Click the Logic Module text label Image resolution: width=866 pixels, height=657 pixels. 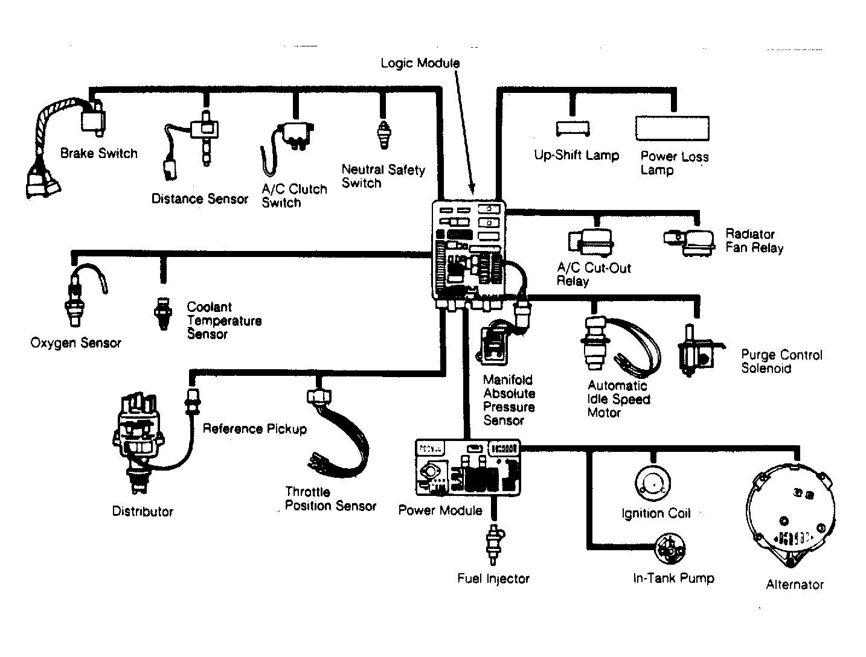click(420, 63)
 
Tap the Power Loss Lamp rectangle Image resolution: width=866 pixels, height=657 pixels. click(672, 128)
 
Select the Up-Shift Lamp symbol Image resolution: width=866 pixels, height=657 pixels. click(573, 129)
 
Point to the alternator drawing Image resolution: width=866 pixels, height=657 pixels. click(791, 515)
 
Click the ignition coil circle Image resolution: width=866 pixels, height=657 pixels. click(653, 483)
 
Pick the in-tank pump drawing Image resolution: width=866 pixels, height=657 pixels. click(670, 548)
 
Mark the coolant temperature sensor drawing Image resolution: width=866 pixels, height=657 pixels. click(163, 313)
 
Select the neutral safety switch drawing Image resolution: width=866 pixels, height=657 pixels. click(383, 135)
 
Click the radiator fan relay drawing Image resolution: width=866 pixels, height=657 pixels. click(689, 243)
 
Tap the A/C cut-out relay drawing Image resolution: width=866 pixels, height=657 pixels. click(590, 242)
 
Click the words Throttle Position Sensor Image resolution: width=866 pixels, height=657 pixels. click(330, 498)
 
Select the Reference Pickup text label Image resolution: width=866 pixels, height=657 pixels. click(254, 429)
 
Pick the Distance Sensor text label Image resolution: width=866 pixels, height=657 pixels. click(200, 198)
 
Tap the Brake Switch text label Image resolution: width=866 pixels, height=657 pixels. click(98, 153)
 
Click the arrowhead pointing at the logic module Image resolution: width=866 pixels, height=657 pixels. click(472, 189)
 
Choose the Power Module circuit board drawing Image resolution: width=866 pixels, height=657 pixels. click(468, 468)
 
